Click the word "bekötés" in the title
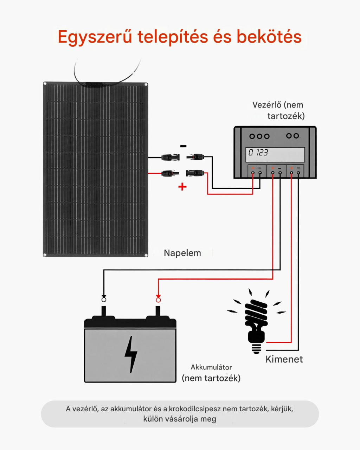pyautogui.click(x=269, y=37)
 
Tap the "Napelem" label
pyautogui.click(x=182, y=253)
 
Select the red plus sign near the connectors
pyautogui.click(x=182, y=187)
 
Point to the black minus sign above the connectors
pyautogui.click(x=183, y=146)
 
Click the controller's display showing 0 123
pyautogui.click(x=275, y=154)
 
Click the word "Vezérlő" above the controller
pyautogui.click(x=267, y=105)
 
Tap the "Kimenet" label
pyautogui.click(x=284, y=359)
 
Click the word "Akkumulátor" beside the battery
pyautogui.click(x=211, y=367)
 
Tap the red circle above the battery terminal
pyautogui.click(x=158, y=300)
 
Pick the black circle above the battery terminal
pyautogui.click(x=104, y=300)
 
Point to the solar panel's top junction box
pyautogui.click(x=92, y=84)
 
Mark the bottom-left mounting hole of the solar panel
pyautogui.click(x=45, y=255)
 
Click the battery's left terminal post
pyautogui.click(x=104, y=311)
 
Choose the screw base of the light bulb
pyautogui.click(x=257, y=348)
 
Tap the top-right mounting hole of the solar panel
pyautogui.click(x=146, y=84)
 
